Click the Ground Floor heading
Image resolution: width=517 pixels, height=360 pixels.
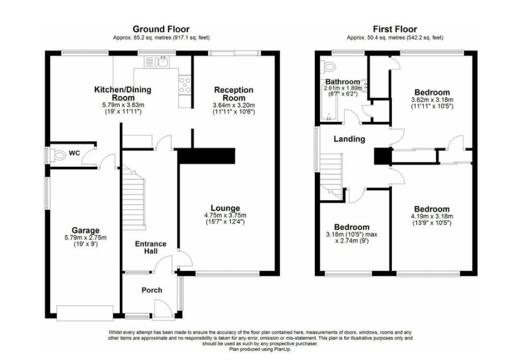pos(161,29)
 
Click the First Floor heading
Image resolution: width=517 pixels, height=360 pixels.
pos(395,29)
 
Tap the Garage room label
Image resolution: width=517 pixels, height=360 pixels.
pos(86,230)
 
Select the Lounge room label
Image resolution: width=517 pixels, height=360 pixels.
pos(225,208)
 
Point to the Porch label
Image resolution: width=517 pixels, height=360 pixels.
pos(152,290)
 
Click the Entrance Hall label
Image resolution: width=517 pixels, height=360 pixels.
pos(151,247)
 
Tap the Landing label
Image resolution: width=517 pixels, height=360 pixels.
pos(349,139)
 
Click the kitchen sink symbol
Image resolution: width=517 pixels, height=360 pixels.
pos(157,62)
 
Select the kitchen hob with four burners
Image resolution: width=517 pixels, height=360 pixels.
pos(185,85)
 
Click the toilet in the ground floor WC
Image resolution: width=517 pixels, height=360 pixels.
pos(59,155)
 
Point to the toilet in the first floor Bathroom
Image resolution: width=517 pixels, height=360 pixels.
pos(328,66)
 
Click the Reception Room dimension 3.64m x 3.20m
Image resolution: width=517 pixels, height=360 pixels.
pos(234,105)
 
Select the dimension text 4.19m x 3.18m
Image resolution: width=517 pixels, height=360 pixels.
pos(432,216)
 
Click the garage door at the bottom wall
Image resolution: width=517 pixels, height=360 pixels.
pos(85,313)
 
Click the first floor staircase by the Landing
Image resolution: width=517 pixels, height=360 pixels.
pos(331,177)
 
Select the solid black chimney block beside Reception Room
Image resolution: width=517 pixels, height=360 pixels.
pos(206,156)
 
